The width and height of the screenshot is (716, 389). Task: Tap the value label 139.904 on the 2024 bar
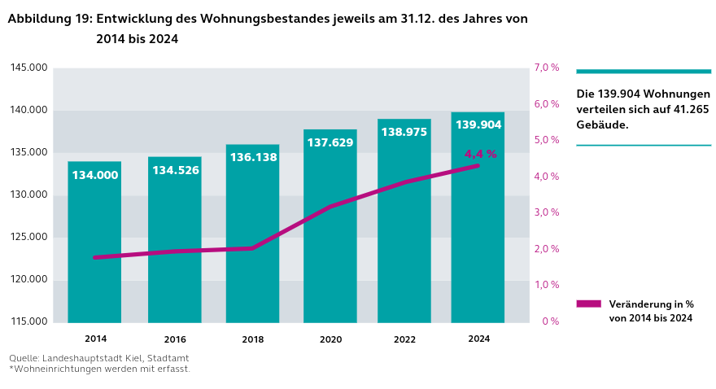pos(478,125)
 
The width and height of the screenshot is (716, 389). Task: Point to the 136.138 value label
pos(253,157)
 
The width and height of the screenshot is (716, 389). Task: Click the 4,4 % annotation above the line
pos(480,154)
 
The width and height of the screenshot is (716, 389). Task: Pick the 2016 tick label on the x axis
pos(175,339)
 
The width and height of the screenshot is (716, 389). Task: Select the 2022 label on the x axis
pos(404,339)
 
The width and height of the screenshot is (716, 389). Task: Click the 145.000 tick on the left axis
pos(28,68)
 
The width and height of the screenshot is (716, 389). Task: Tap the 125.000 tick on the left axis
pos(28,237)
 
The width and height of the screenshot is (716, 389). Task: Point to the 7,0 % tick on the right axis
pos(546,68)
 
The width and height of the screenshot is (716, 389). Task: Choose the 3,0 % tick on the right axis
pos(546,212)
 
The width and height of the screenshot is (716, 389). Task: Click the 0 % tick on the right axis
pos(551,321)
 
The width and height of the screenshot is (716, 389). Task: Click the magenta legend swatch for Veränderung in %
pos(588,304)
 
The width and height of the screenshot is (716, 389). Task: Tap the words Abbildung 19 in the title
pos(49,19)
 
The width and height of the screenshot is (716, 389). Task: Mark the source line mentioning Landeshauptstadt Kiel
pos(98,358)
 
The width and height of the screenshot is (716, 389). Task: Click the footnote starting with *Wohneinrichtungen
pos(99,369)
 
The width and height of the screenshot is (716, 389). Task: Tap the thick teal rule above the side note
pos(644,72)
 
